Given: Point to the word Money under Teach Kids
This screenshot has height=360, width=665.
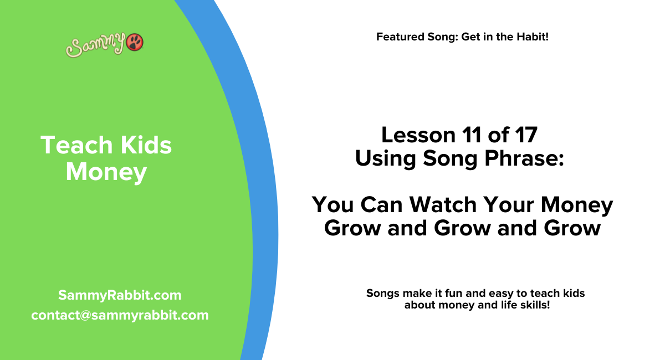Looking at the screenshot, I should point(106,172).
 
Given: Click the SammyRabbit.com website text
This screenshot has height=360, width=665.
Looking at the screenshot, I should point(119,295).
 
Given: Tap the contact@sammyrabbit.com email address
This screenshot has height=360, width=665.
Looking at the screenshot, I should point(120,315).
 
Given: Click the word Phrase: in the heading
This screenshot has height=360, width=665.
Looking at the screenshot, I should point(521,158).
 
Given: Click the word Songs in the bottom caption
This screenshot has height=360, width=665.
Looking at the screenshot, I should point(382,293).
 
